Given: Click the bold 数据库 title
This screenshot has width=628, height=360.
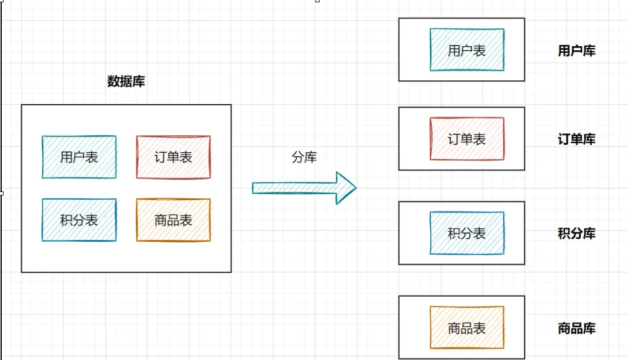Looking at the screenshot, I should coord(126,81).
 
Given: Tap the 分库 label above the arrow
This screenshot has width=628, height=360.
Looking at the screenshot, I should coord(304,156).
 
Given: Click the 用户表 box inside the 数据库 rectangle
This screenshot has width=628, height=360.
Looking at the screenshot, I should coord(79,157).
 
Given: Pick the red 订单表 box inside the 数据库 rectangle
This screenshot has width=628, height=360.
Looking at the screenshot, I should coord(173,157).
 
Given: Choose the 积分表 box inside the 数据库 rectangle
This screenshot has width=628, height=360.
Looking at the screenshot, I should coord(79,220).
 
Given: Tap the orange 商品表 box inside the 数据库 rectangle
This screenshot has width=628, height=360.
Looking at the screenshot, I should coord(173,220).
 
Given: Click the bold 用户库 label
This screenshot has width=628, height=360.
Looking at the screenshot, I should coord(576,51).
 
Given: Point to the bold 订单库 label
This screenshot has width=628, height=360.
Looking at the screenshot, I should coord(576,139).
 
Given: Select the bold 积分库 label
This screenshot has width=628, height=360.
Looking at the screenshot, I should coord(576,234).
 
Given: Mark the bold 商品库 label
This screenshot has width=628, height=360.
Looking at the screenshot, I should coord(576,328).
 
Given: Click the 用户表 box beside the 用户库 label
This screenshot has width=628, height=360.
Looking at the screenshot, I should coord(466,50).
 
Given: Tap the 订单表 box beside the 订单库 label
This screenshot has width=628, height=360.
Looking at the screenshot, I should coord(466,139).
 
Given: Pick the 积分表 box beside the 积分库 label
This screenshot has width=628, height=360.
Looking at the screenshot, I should coord(466,233).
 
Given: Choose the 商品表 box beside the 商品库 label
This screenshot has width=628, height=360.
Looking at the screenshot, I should coord(466,328).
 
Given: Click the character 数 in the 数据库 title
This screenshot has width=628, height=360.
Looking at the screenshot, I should coord(114,81).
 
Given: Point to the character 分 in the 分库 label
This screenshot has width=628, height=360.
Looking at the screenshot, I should coord(298,156).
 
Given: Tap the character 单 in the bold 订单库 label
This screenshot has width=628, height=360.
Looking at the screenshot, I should coord(576,139).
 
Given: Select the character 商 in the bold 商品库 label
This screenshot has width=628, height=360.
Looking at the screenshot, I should coord(564,328).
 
